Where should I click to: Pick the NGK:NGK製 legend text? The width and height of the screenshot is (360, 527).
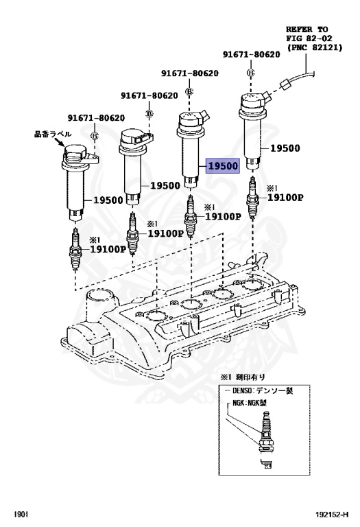254,403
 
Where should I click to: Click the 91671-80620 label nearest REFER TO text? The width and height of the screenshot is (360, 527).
251,54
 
